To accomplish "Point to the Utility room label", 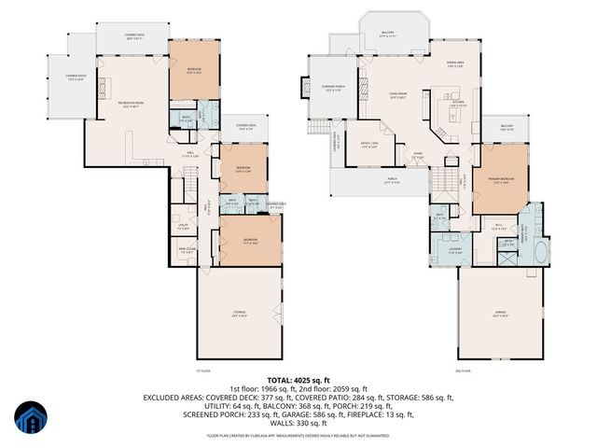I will [183, 225].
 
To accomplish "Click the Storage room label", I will [240, 313].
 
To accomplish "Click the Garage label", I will [500, 314].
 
